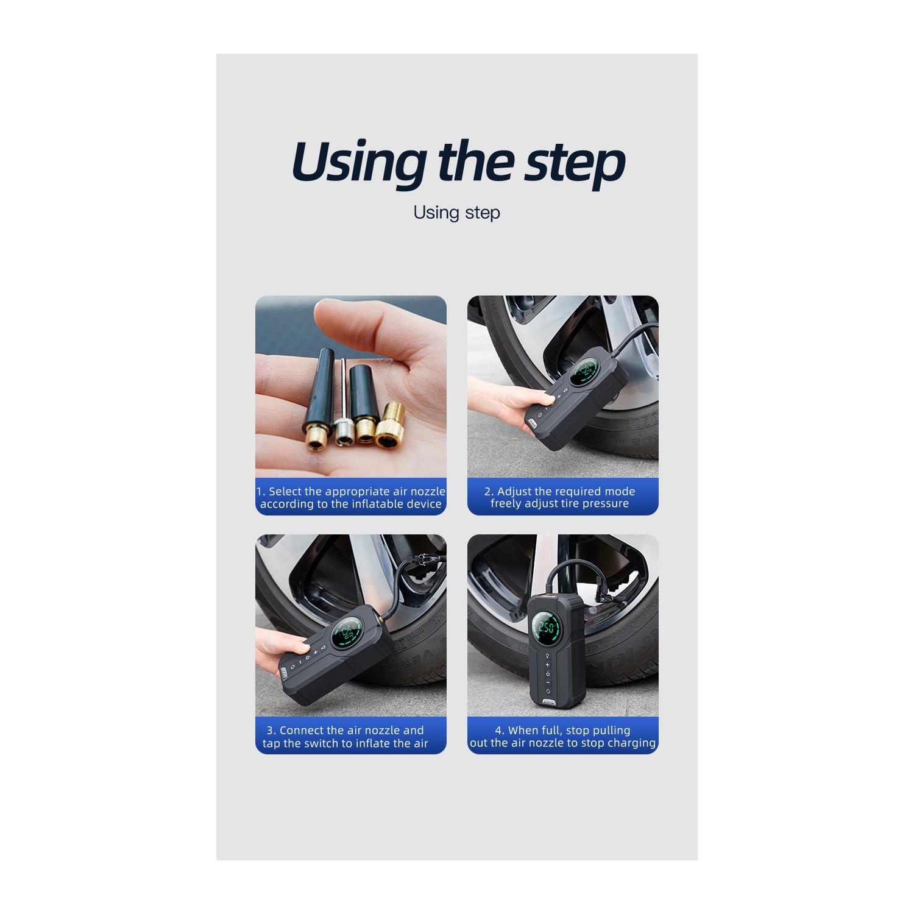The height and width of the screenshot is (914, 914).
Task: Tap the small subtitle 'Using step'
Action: [456, 213]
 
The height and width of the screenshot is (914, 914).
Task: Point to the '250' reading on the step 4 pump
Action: [547, 628]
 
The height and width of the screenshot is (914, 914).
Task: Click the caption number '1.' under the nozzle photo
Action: [261, 492]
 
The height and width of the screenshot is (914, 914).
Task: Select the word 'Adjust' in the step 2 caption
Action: [514, 492]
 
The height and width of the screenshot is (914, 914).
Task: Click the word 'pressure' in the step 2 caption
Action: [604, 504]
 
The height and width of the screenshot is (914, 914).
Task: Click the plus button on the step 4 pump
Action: [547, 664]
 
